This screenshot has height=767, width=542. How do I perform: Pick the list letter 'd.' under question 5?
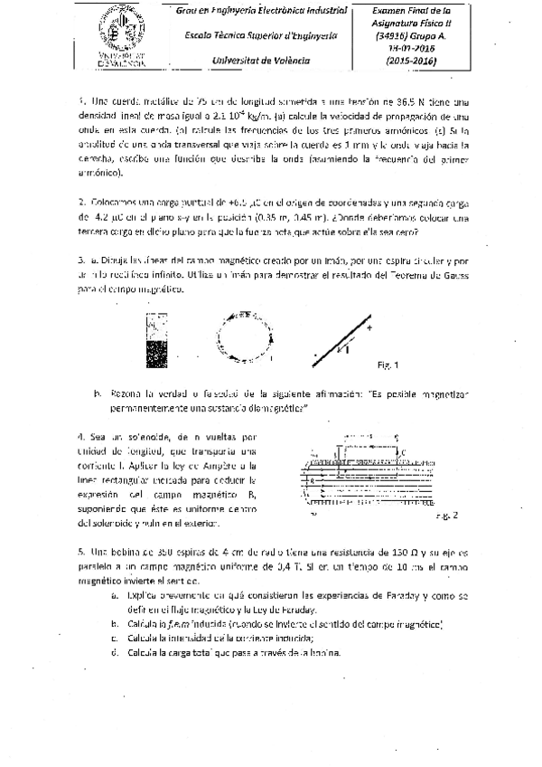click(115, 652)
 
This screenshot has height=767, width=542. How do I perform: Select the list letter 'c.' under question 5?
click(115, 638)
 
